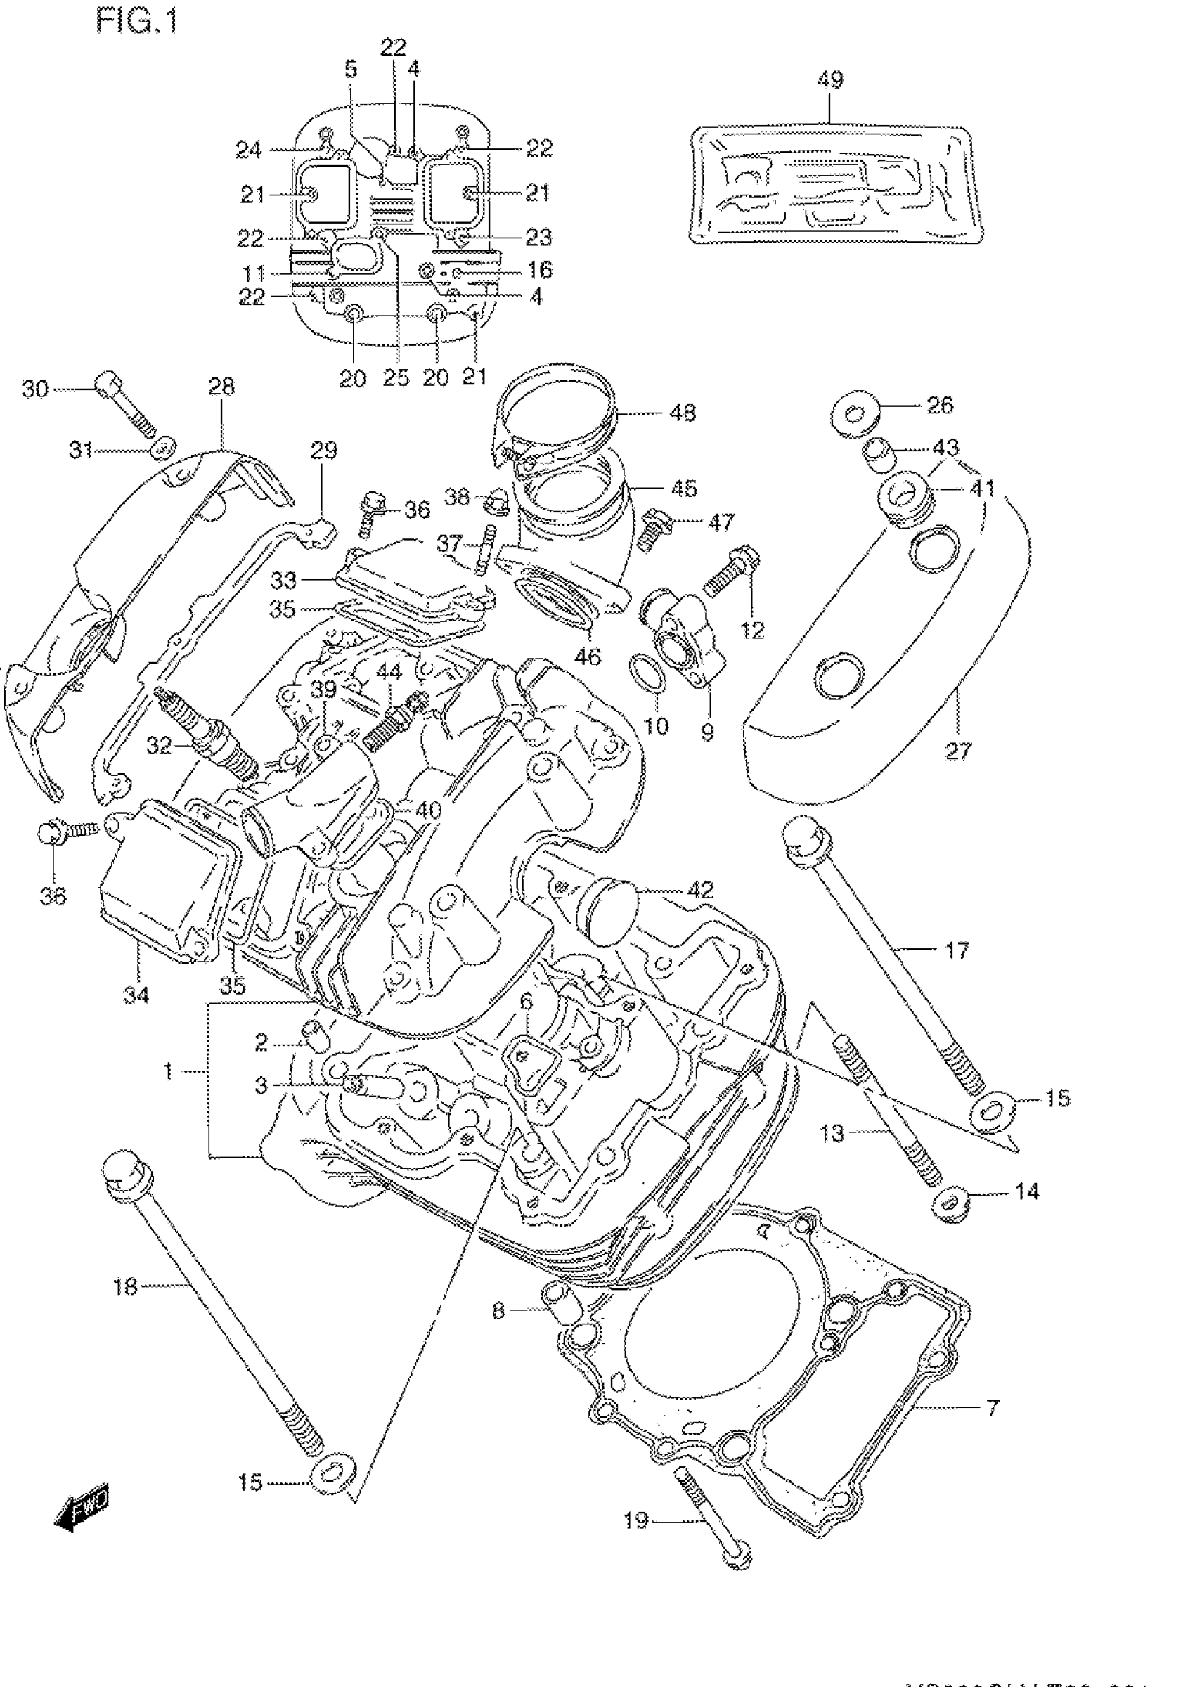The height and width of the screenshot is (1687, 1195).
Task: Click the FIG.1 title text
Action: pos(137,20)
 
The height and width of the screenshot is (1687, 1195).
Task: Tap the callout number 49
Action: pos(830,79)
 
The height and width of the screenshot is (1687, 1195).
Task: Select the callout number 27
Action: pos(958,751)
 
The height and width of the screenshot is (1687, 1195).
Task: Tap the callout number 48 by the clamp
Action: pos(683,413)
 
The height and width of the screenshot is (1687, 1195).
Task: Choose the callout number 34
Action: pos(137,995)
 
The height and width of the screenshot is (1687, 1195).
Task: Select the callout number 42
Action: pos(700,889)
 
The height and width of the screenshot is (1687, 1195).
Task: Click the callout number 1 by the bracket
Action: pos(168,1071)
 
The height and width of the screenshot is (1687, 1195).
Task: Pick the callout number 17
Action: pos(957,950)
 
